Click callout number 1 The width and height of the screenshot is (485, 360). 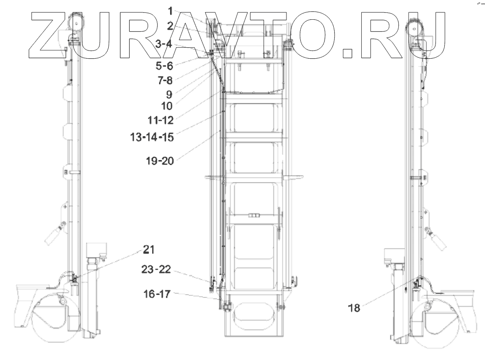coord(170,11)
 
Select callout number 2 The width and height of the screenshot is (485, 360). coord(170,26)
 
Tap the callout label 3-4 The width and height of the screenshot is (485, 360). coord(164,44)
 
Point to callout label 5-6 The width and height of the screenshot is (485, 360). coord(164,66)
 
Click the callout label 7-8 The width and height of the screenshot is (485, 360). coord(165,80)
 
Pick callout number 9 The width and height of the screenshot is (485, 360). coord(169,94)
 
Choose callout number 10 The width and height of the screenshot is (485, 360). coord(167,106)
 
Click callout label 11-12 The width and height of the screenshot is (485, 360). coord(160,120)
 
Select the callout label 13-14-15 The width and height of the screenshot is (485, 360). coord(152,137)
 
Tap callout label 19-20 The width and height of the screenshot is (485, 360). coord(160,161)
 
